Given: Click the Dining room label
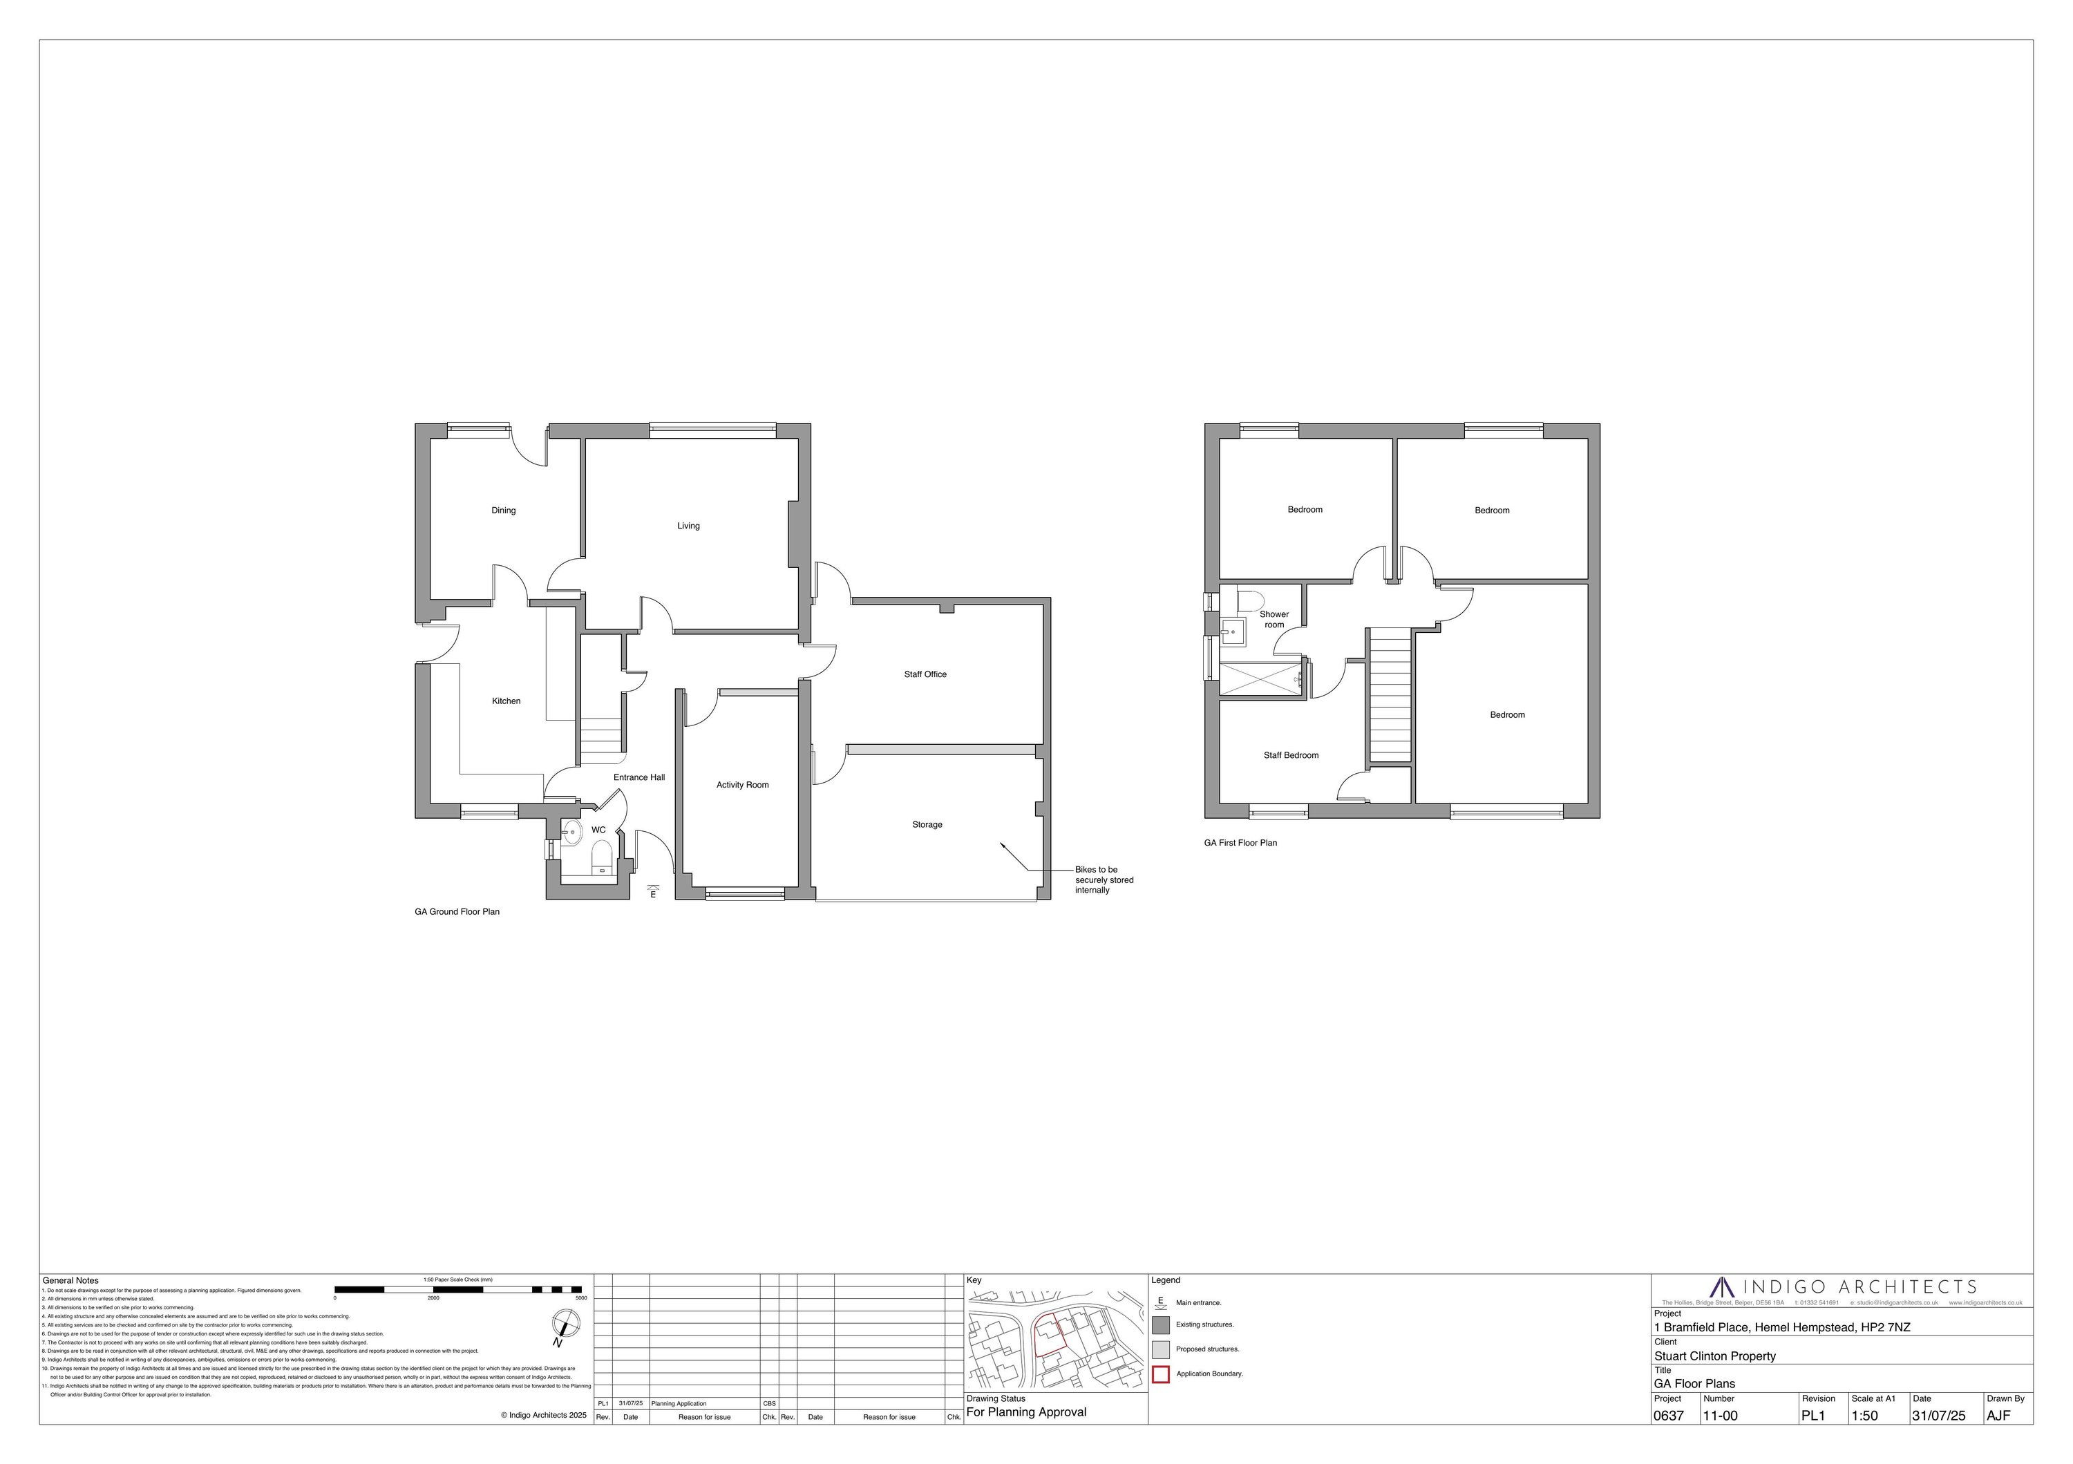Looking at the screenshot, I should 503,511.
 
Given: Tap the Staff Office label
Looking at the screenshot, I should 925,674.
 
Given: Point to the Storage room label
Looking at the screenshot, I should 927,825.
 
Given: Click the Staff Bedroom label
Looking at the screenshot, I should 1290,755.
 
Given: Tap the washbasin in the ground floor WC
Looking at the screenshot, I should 571,833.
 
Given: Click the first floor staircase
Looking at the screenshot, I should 1390,696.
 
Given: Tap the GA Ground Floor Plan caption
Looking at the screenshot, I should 457,911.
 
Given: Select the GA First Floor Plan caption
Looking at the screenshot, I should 1240,843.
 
